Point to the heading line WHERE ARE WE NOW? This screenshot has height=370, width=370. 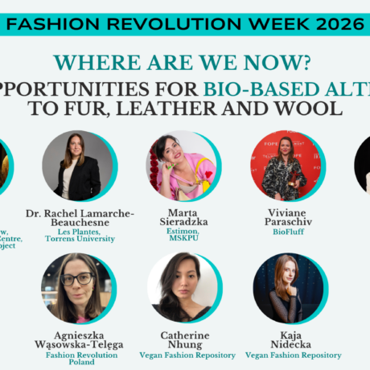[x=185, y=62]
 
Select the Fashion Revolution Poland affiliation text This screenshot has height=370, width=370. [x=80, y=358]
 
